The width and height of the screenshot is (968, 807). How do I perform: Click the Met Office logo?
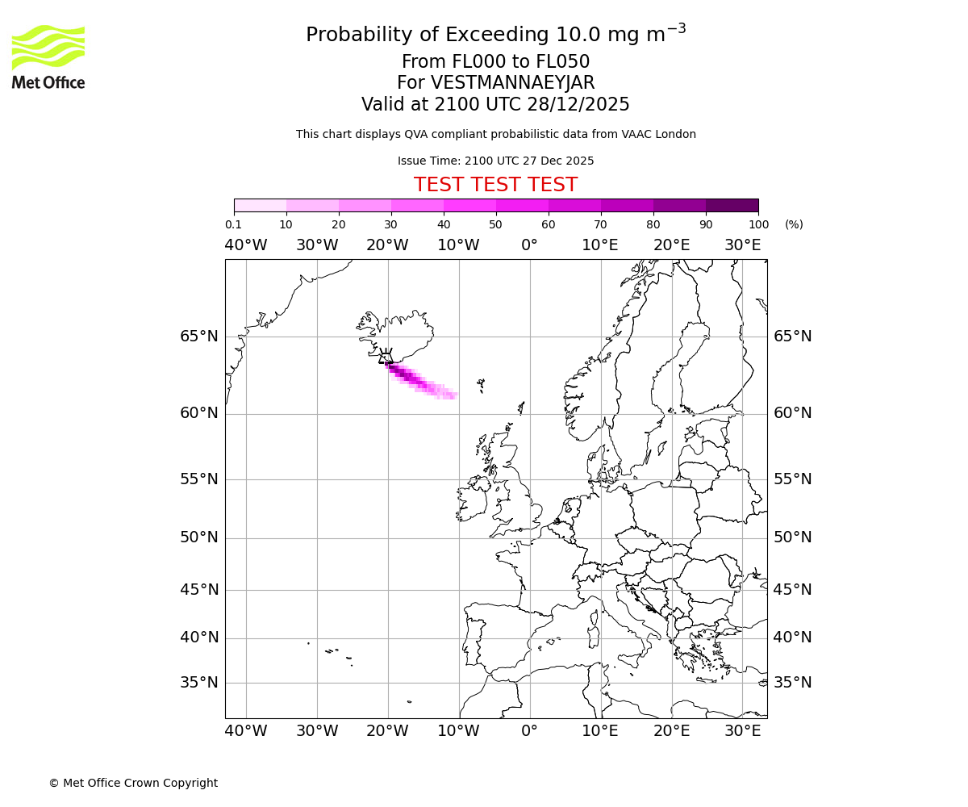[x=48, y=56]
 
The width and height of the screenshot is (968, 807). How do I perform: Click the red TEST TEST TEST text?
[x=495, y=185]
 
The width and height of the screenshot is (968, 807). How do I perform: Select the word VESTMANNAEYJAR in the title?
[x=513, y=83]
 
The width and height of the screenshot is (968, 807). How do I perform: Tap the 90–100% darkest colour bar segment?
[x=732, y=205]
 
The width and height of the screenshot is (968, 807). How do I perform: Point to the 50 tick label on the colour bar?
[x=495, y=224]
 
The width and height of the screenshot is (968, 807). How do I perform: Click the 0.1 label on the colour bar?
[x=233, y=224]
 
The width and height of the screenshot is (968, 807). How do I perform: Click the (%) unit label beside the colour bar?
[x=794, y=224]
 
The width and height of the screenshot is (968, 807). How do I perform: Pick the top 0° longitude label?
[x=529, y=245]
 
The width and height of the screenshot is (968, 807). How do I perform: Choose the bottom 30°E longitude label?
[x=742, y=731]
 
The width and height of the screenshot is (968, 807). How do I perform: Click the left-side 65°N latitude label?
[x=198, y=337]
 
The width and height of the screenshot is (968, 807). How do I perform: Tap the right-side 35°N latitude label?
[x=792, y=683]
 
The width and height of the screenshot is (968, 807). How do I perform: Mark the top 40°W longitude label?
[x=245, y=245]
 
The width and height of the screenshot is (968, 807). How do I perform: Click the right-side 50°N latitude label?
[x=792, y=537]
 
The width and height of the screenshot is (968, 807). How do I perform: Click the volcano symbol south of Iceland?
[x=386, y=356]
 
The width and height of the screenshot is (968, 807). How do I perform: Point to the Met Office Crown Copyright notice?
[x=133, y=783]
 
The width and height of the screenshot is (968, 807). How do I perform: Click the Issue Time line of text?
[x=495, y=161]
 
